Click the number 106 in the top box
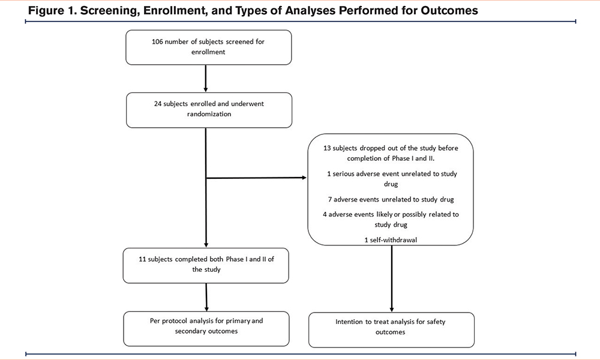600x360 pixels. [x=157, y=42]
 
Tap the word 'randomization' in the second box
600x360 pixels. [x=209, y=114]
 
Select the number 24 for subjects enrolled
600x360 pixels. [x=158, y=104]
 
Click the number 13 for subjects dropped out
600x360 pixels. [x=327, y=148]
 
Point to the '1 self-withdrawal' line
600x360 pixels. [x=391, y=240]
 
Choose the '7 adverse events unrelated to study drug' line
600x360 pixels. [x=391, y=199]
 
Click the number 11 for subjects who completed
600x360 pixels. [x=142, y=259]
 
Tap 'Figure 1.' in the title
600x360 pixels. [x=52, y=11]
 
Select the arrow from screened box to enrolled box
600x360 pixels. [x=206, y=79]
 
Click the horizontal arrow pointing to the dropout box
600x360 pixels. [x=256, y=178]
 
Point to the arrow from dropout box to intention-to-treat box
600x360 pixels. [x=391, y=278]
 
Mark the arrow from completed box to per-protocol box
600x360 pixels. [x=206, y=297]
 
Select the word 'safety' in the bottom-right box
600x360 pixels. [x=436, y=322]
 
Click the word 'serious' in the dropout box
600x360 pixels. [x=343, y=173]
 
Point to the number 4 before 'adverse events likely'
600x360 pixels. [x=325, y=215]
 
